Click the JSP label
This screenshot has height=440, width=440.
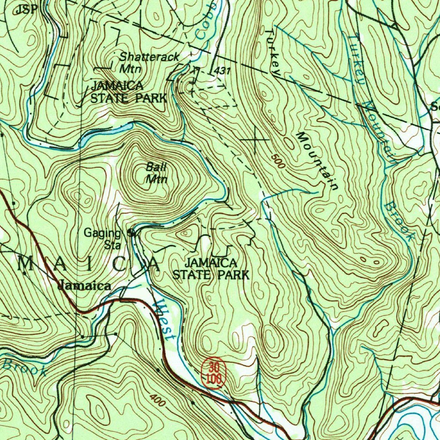point(26,9)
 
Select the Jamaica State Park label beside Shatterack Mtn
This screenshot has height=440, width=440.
point(128,92)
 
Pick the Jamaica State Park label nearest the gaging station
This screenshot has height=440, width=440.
point(211,269)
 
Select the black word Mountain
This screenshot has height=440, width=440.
point(318,161)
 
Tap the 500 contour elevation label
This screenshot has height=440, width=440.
point(278,161)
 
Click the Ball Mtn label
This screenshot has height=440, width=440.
point(156,173)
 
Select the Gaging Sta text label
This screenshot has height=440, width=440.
point(103,238)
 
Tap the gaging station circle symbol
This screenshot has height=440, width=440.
point(131,233)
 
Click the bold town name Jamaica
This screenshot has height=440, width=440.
point(85,286)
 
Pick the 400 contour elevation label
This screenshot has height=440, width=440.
point(159,400)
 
